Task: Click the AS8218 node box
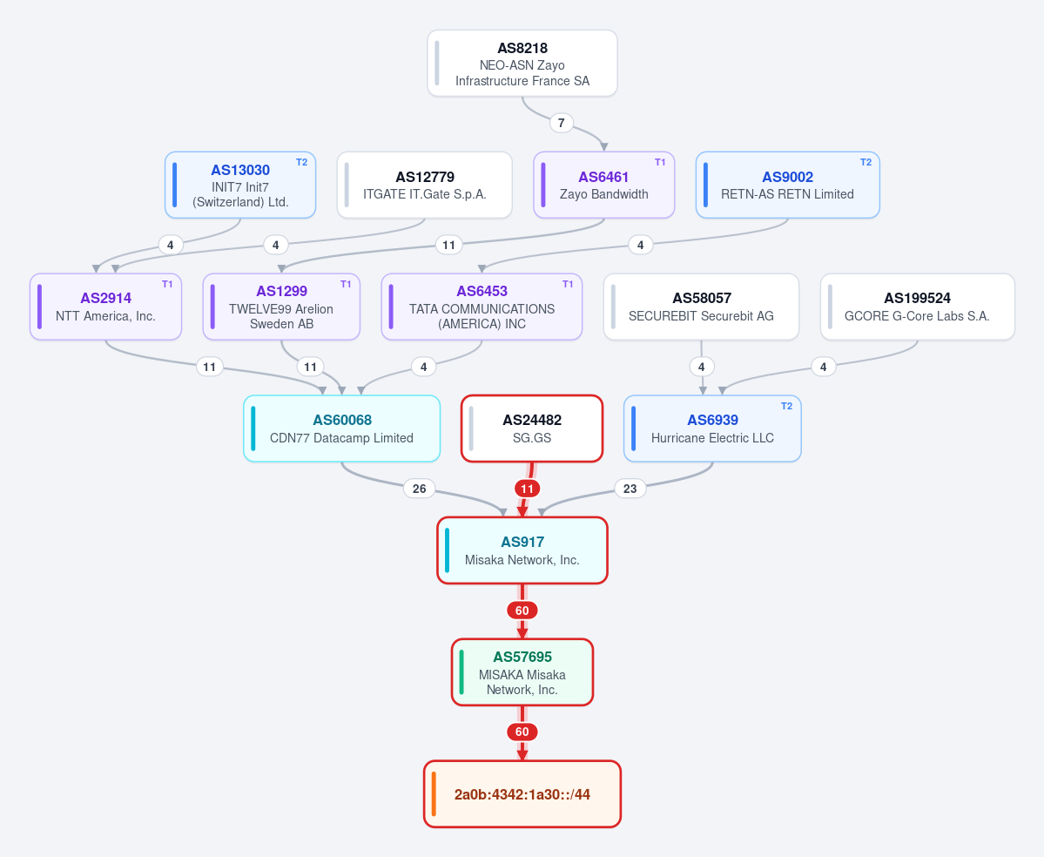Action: coord(522,64)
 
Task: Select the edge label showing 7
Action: coord(562,123)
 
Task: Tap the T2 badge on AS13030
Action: coord(301,162)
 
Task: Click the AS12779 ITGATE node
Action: coord(425,186)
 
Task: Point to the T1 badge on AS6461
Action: coord(660,162)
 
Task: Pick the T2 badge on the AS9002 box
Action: coord(866,162)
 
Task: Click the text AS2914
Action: coord(106,299)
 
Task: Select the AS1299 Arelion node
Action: coord(281,307)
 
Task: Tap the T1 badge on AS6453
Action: coord(567,284)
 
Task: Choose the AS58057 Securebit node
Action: coord(701,307)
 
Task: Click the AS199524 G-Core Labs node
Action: coord(918,307)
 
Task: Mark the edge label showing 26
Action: coord(420,489)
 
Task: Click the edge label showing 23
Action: coord(630,489)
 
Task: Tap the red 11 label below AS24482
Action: coord(528,489)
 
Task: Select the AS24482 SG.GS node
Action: coord(532,428)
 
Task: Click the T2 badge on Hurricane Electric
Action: coord(786,406)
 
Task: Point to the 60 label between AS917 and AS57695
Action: coord(522,611)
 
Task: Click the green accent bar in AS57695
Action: coord(461,672)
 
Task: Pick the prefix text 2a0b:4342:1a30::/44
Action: coord(522,794)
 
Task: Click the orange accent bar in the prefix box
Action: coord(434,794)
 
